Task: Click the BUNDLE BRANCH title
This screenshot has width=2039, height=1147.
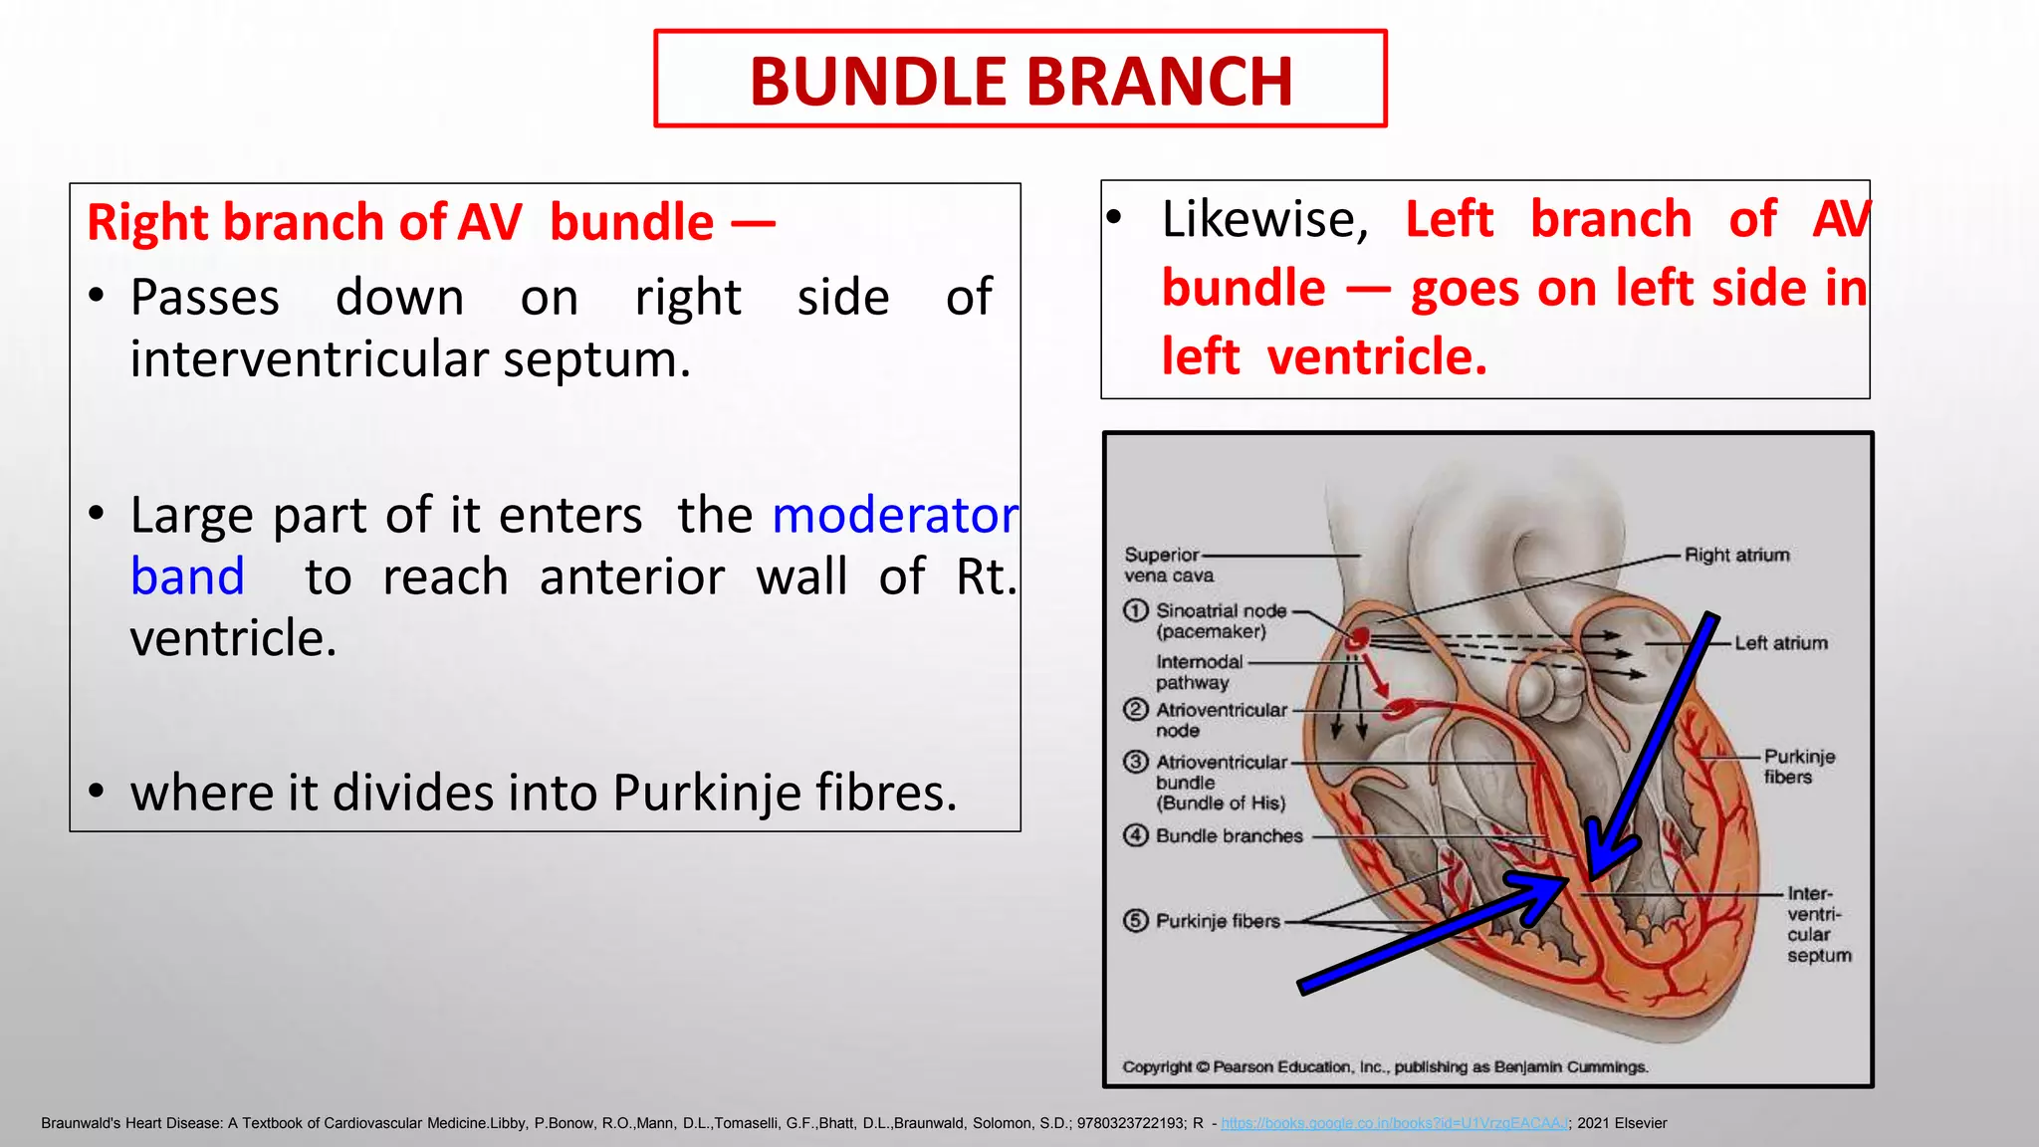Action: coord(1020,81)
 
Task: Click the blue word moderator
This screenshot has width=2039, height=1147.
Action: coord(895,516)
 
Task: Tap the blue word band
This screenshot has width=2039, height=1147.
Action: coord(187,577)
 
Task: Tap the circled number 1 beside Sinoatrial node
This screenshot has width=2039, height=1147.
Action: coord(1135,610)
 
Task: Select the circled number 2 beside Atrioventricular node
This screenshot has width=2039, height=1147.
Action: coord(1135,709)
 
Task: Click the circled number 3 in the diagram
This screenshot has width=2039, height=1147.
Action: coord(1135,762)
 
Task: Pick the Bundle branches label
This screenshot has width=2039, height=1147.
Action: coord(1229,836)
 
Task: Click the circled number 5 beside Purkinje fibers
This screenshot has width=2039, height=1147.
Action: coord(1135,921)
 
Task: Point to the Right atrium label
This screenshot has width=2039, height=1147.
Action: coord(1736,555)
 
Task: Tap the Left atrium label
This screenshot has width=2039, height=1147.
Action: coord(1780,643)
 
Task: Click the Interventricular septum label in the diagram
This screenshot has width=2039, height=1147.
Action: coord(1817,924)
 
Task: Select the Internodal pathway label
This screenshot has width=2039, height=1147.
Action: coord(1199,672)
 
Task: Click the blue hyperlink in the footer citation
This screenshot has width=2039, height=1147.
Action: coord(1394,1123)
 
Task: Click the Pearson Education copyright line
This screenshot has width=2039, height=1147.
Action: coord(1384,1067)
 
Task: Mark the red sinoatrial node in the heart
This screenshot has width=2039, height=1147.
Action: coord(1359,638)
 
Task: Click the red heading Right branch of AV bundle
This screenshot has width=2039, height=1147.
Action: coord(430,222)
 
